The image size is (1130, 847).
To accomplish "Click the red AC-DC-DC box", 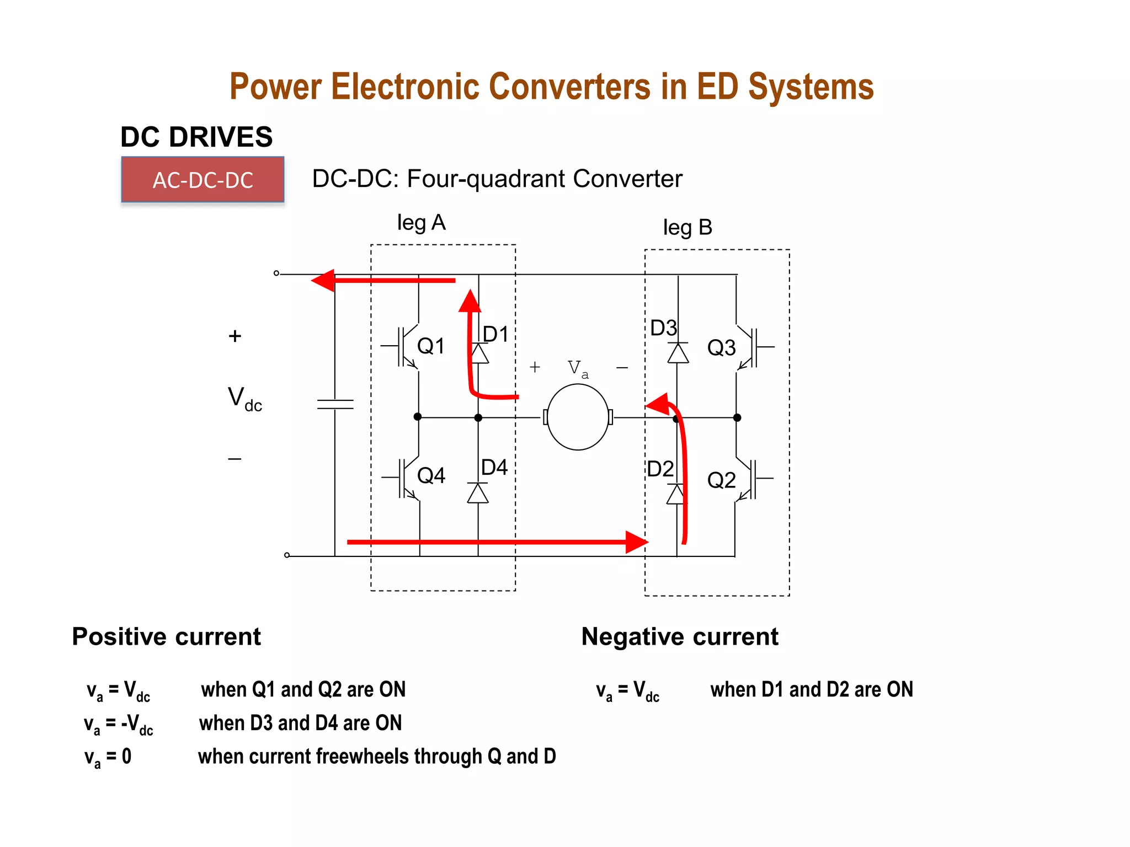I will point(202,180).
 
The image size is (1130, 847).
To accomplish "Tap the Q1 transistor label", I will point(431,346).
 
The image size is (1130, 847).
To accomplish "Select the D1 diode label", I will point(495,334).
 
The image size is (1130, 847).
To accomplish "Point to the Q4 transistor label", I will point(431,475).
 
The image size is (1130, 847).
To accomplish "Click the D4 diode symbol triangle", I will point(478,494).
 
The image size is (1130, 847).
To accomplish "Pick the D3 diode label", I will point(663,328).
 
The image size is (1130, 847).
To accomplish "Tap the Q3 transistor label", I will point(721,348).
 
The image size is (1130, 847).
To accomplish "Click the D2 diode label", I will point(660,469).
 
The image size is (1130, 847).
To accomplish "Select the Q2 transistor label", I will point(721,480).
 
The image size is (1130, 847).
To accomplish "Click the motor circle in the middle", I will point(578,417).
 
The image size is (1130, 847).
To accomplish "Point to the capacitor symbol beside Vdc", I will point(335,404).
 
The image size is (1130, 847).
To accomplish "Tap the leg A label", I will point(421,223).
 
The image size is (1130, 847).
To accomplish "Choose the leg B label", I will point(687,227).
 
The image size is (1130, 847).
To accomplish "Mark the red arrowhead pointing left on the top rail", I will point(324,280).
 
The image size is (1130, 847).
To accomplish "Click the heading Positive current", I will point(166,636).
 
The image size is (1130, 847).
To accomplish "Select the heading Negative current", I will point(679,636).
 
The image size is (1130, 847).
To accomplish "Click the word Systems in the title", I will point(811,87).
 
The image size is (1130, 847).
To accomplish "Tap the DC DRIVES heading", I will point(196,137).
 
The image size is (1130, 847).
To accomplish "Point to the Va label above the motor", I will point(577,368).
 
